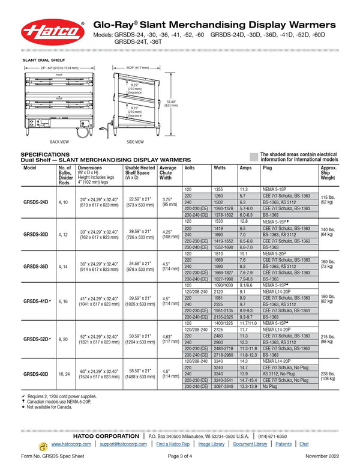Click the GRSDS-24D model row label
click(x=35, y=202)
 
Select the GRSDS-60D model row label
click(x=35, y=374)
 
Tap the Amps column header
click(x=245, y=168)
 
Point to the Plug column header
click(x=267, y=168)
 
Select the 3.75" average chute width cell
click(x=170, y=202)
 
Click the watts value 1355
click(x=218, y=189)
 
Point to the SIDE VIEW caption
click(x=135, y=142)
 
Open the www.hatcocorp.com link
click(x=71, y=444)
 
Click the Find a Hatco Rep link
click(x=173, y=444)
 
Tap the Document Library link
click(x=250, y=444)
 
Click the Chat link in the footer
click(x=304, y=444)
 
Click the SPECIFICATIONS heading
click(x=45, y=154)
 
